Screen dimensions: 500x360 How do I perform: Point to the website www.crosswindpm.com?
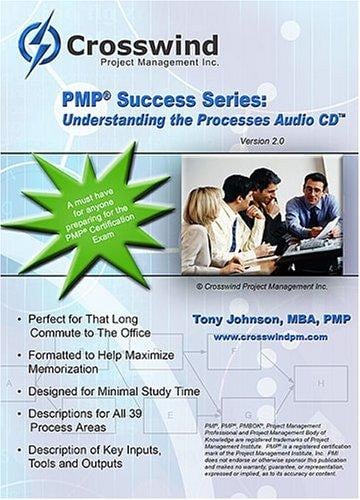pyautogui.click(x=266, y=337)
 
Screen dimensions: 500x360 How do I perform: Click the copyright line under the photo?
pyautogui.click(x=261, y=285)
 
